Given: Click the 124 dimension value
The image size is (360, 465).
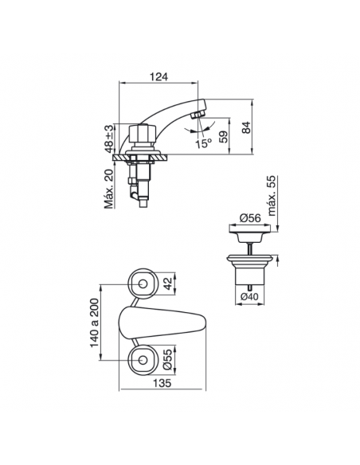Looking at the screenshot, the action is (x=158, y=76).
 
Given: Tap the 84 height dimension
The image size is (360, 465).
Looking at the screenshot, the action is (x=246, y=127).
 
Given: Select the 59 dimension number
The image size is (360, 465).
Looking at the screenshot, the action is (x=224, y=137).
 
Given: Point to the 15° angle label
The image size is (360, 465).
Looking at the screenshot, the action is (x=203, y=143).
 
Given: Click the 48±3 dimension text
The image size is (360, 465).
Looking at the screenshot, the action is (x=109, y=139).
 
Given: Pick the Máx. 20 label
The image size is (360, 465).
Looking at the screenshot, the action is (x=109, y=190).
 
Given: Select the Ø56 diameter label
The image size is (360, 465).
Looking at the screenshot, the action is (x=250, y=218).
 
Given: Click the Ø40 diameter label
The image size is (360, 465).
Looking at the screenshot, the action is (x=249, y=296).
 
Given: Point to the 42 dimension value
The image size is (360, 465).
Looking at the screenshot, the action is (x=168, y=283).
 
